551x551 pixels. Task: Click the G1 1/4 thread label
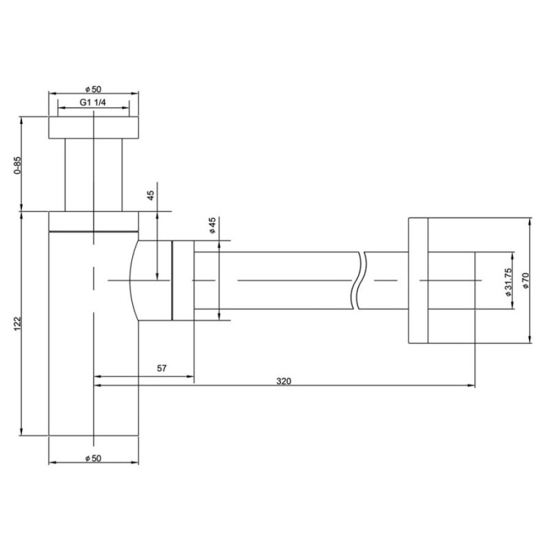pyautogui.click(x=92, y=102)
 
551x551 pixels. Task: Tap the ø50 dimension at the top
pyautogui.click(x=93, y=90)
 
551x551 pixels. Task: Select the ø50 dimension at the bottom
pyautogui.click(x=93, y=458)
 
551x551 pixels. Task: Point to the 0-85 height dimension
pyautogui.click(x=18, y=165)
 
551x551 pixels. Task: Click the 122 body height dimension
pyautogui.click(x=18, y=324)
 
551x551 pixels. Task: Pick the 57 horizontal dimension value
pyautogui.click(x=162, y=368)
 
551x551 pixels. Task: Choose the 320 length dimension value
pyautogui.click(x=284, y=381)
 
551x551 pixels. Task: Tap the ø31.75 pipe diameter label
pyautogui.click(x=508, y=282)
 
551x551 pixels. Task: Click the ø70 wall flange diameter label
pyautogui.click(x=526, y=280)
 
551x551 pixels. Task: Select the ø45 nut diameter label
pyautogui.click(x=212, y=225)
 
